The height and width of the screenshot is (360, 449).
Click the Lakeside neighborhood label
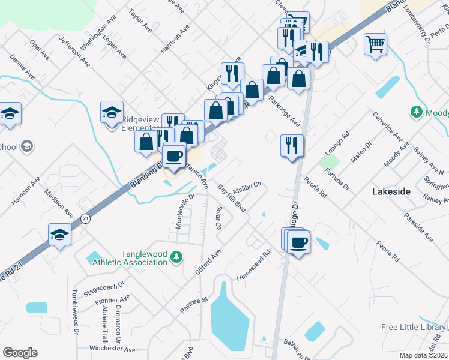click(x=391, y=192)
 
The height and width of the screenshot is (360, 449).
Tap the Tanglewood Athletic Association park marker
click(x=175, y=257)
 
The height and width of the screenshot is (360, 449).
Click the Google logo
click(x=20, y=353)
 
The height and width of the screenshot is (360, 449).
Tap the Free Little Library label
click(x=414, y=327)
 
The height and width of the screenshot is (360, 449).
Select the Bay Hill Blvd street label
click(x=232, y=199)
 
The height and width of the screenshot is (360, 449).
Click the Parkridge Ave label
click(x=284, y=111)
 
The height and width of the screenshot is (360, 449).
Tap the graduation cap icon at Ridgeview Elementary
click(x=112, y=112)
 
